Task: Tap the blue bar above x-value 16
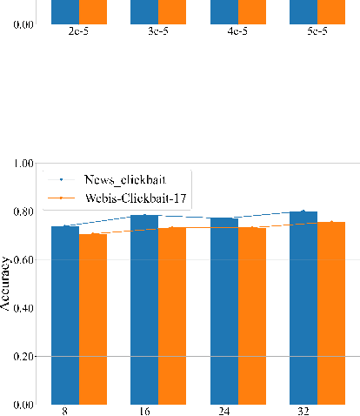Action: pyautogui.click(x=144, y=310)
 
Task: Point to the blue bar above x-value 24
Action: pyautogui.click(x=223, y=312)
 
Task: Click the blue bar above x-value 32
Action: pyautogui.click(x=303, y=308)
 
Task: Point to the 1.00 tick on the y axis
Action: pyautogui.click(x=23, y=164)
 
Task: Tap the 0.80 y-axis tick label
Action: pyautogui.click(x=23, y=212)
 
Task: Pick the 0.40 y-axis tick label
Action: pyautogui.click(x=23, y=309)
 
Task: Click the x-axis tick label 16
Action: pyautogui.click(x=144, y=411)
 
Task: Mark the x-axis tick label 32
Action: pyautogui.click(x=303, y=411)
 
